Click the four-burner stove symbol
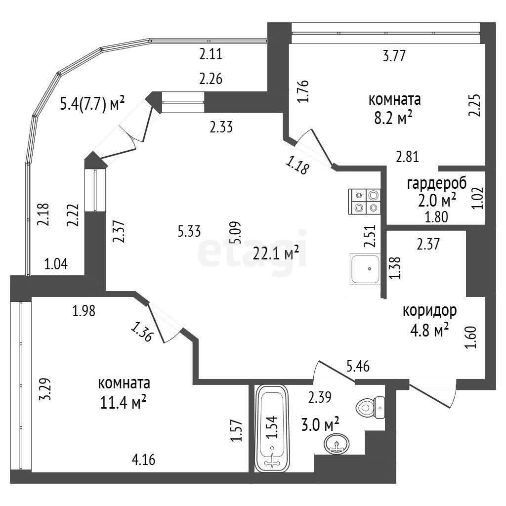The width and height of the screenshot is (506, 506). point(365,202)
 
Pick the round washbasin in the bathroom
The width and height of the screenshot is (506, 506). point(337,443)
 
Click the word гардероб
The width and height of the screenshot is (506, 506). point(437,184)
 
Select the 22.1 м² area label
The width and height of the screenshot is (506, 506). point(276,254)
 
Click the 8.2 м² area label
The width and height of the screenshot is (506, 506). point(395,118)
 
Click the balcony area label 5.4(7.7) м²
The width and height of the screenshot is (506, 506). point(92,104)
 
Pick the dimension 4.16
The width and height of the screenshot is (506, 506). point(143,460)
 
